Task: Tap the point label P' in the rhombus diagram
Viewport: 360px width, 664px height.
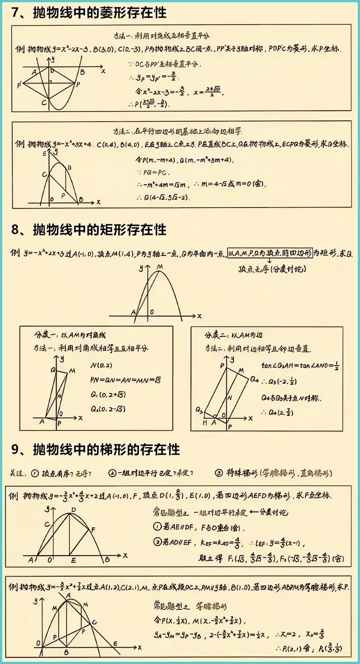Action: pyautogui.click(x=19, y=85)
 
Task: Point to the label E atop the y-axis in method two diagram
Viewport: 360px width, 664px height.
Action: pyautogui.click(x=44, y=154)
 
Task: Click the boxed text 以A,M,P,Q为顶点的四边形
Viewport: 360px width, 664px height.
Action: pyautogui.click(x=269, y=253)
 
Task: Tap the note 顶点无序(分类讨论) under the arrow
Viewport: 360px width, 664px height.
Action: pyautogui.click(x=272, y=269)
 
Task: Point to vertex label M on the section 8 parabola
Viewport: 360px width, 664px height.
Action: pyautogui.click(x=160, y=267)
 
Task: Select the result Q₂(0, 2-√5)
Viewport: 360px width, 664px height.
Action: pyautogui.click(x=108, y=409)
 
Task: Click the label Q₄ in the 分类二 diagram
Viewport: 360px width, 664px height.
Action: pyautogui.click(x=254, y=379)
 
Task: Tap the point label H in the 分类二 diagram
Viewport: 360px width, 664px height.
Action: pyautogui.click(x=205, y=423)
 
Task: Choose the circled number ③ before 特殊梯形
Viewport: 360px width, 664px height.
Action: pyautogui.click(x=219, y=473)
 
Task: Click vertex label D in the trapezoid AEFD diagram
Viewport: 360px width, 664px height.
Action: pyautogui.click(x=74, y=510)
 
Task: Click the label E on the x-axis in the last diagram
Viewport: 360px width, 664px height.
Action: pyautogui.click(x=115, y=643)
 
